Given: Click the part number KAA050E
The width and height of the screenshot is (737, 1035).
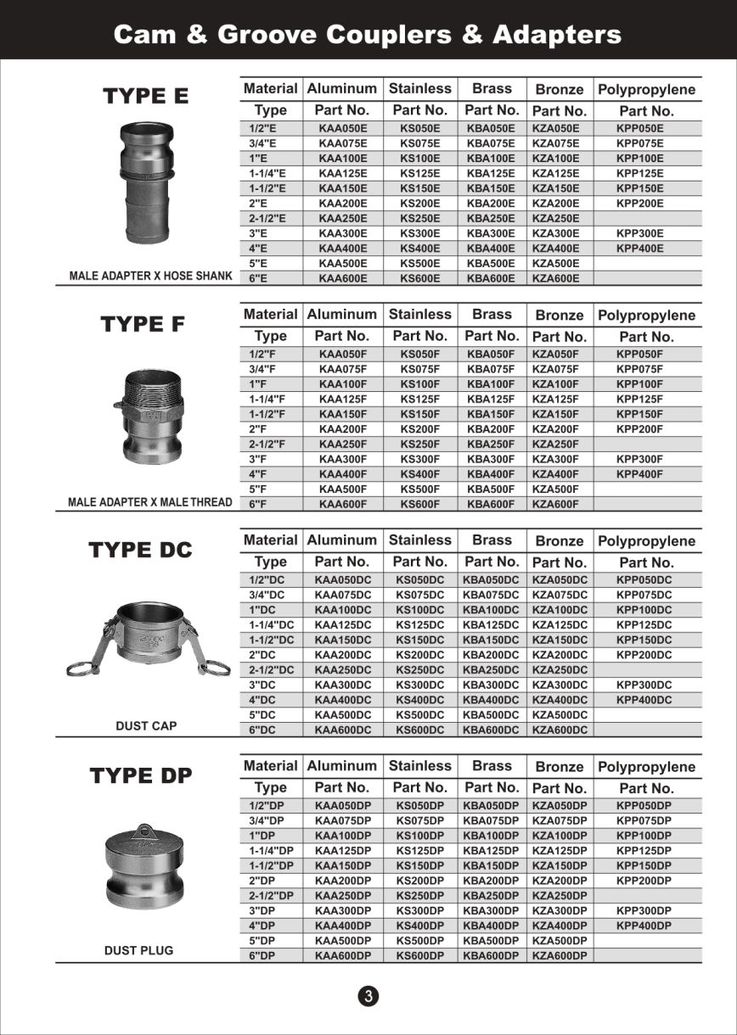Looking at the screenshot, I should point(343,128).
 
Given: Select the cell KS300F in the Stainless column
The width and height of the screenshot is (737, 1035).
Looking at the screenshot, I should point(419,459).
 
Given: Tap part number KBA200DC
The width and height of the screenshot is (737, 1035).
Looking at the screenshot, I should point(491,655).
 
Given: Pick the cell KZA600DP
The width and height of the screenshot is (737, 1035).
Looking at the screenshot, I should point(560,955).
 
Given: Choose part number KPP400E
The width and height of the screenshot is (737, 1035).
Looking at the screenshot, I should point(640,249).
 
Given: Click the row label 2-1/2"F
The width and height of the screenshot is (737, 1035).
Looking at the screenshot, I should point(267,444).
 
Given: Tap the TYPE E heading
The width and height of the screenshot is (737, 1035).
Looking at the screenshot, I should point(146,96).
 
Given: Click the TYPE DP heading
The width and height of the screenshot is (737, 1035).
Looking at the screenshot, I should point(141,775).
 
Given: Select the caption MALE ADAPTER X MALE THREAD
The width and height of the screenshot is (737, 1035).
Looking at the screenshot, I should point(149,502).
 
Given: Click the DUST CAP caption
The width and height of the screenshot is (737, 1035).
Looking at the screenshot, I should point(146,725).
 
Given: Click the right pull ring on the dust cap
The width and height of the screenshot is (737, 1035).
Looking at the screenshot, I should point(217,669).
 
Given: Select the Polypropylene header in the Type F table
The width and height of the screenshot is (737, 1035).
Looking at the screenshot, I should point(646,316).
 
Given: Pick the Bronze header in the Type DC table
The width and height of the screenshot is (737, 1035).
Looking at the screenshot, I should point(560,541).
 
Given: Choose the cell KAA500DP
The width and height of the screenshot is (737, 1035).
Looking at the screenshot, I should point(343,940).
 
